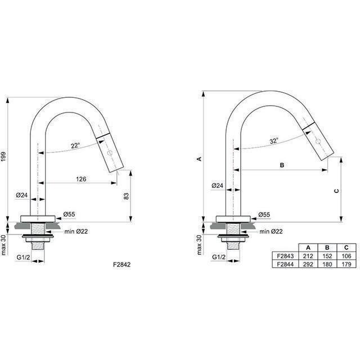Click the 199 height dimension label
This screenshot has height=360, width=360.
tap(3, 157)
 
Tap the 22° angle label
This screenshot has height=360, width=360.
tap(75, 146)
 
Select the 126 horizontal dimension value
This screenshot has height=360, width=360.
tap(81, 179)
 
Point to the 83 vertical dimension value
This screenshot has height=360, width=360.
tap(126, 196)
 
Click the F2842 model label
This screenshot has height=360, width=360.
tap(121, 264)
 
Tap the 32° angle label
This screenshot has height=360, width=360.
tap(274, 141)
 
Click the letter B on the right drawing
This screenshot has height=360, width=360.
tap(282, 165)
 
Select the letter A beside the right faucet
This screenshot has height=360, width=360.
tap(199, 159)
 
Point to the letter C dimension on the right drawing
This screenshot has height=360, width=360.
tap(336, 191)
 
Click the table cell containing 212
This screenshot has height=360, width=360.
tap(308, 256)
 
